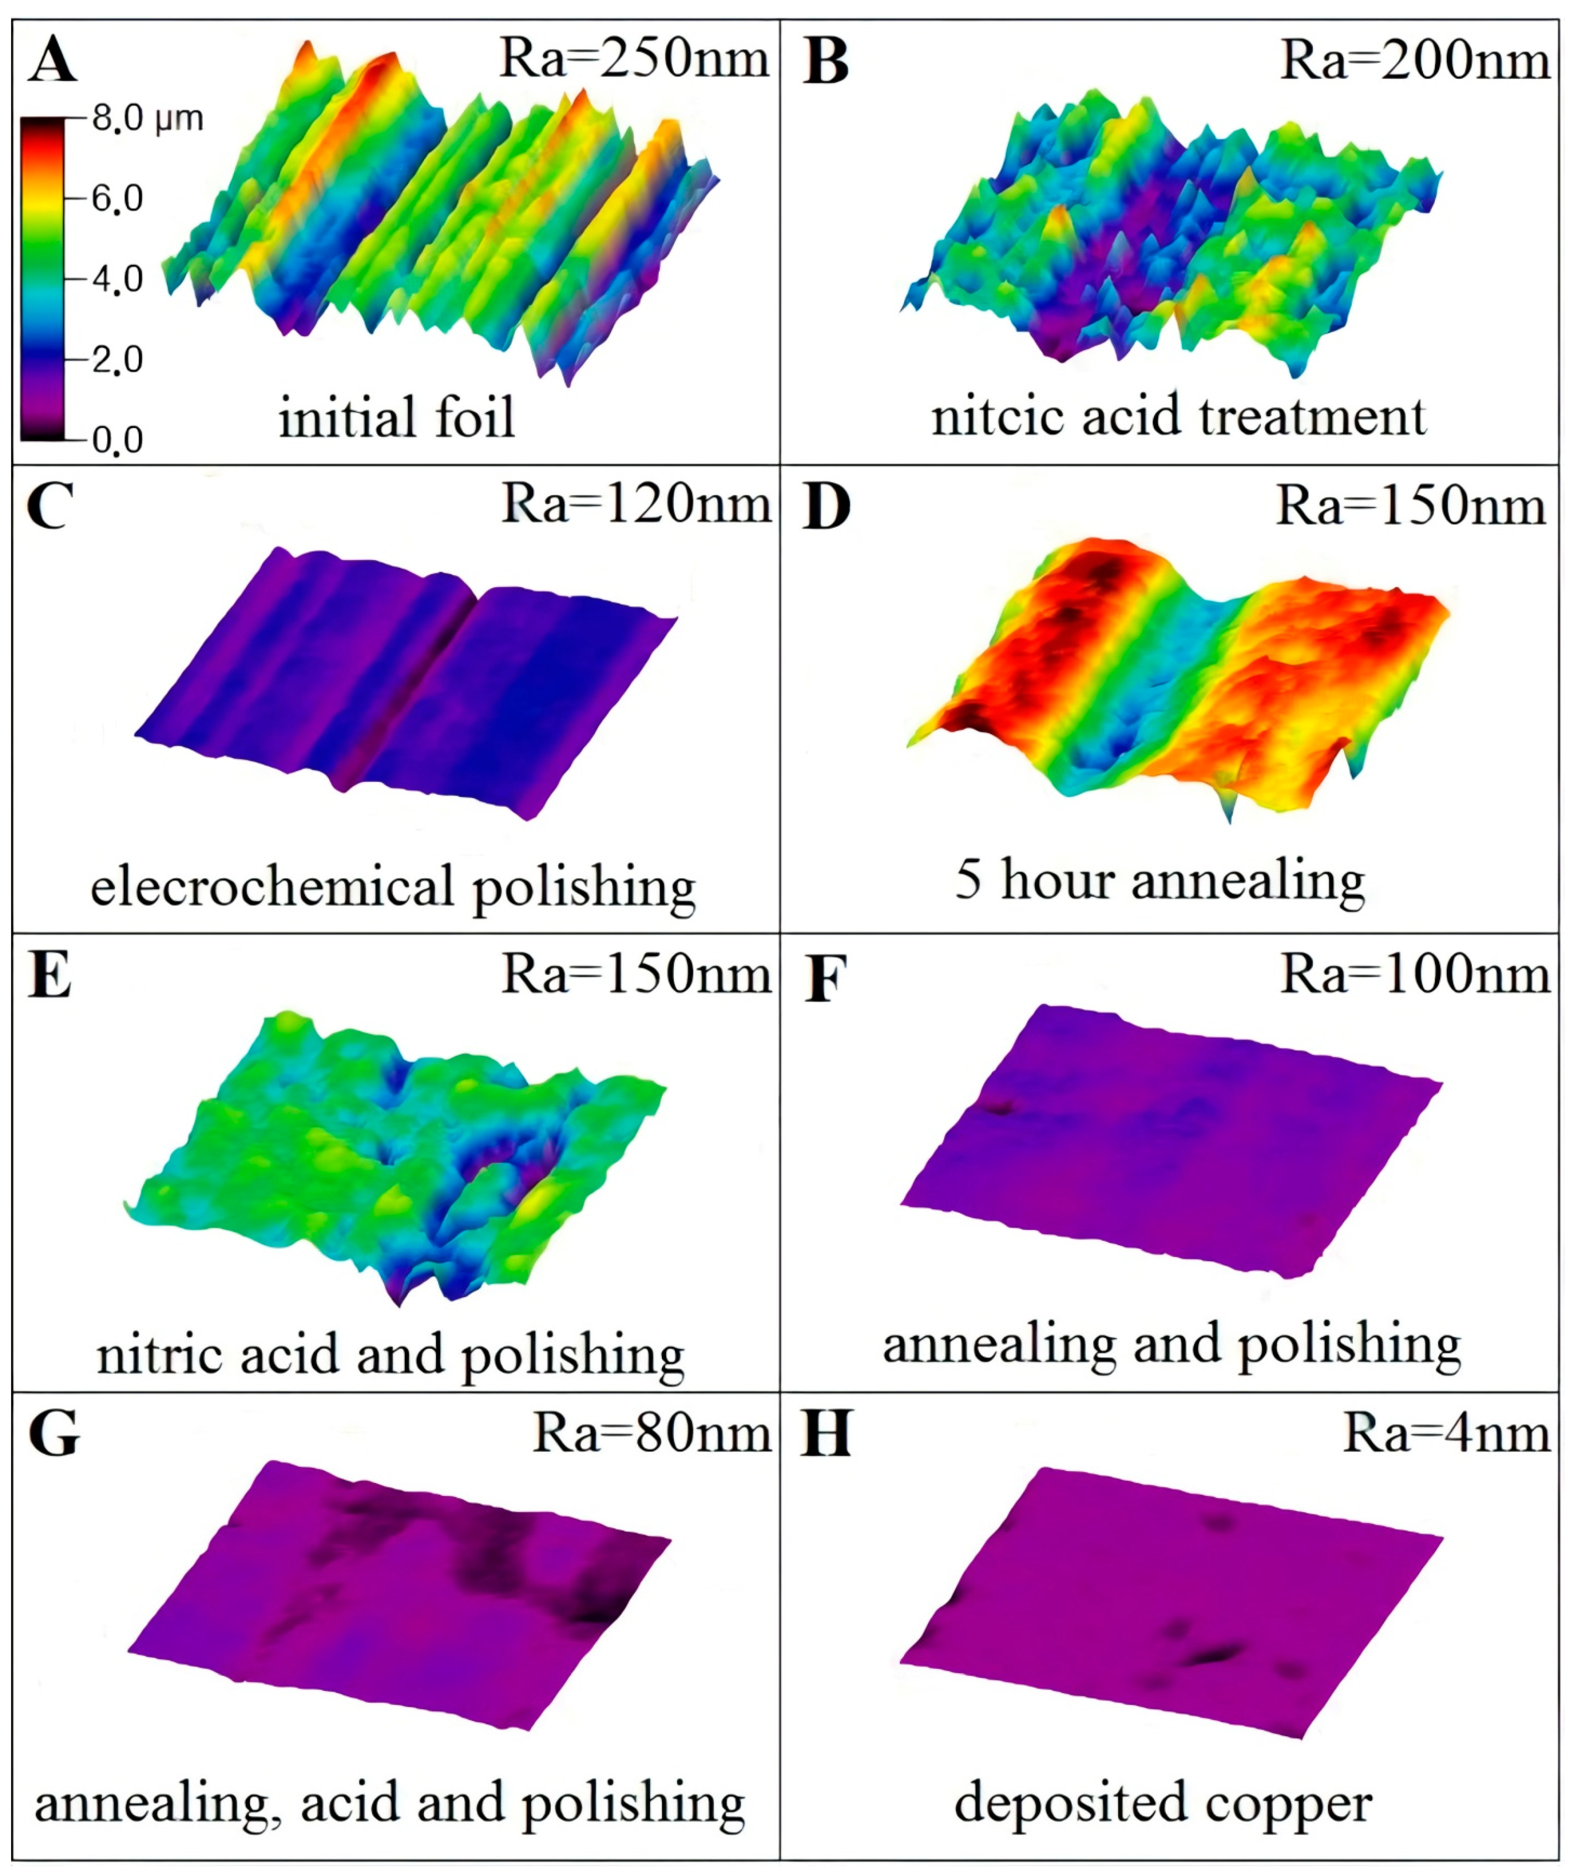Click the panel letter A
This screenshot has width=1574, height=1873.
click(52, 61)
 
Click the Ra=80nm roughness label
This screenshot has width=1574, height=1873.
click(651, 1434)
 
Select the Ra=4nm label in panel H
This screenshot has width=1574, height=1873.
click(1445, 1434)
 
